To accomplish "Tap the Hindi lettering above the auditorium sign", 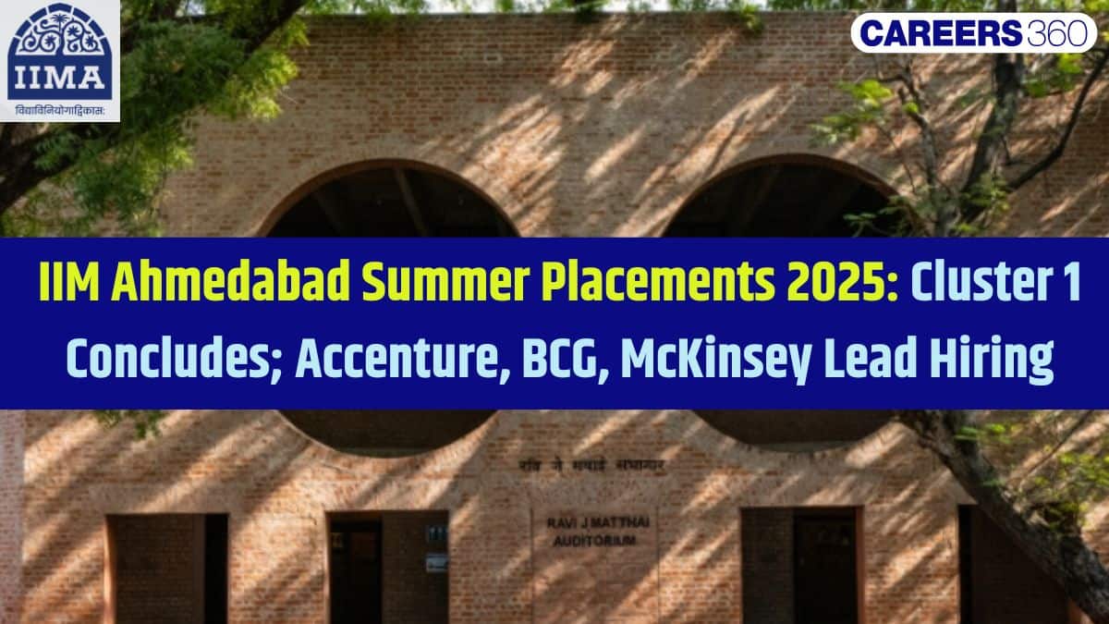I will (591, 466).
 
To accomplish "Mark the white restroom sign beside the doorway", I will (436, 561).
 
